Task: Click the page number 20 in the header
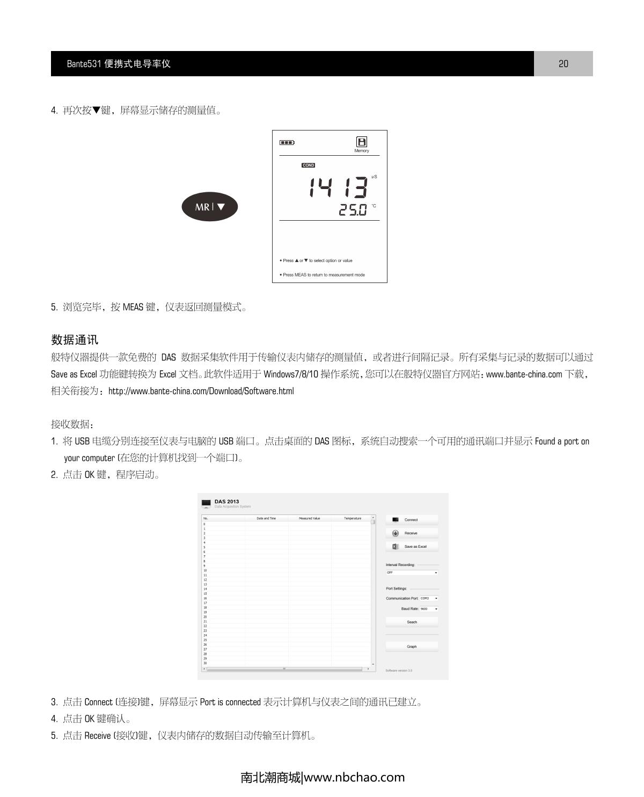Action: pos(563,64)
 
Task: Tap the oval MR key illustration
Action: pos(209,207)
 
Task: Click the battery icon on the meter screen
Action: pos(287,142)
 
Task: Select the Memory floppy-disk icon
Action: pos(362,142)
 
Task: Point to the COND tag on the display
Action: pos(308,165)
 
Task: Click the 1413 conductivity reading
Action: pos(338,187)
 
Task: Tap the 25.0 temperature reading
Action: pos(353,210)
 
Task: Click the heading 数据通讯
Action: pos(75,340)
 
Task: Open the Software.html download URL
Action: pos(201,391)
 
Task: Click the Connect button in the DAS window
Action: pos(412,520)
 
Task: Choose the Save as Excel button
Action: pos(412,547)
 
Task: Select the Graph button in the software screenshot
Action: pos(412,647)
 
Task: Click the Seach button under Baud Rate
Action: pos(412,622)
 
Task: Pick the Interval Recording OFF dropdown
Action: pos(412,573)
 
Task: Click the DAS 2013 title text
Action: pos(226,502)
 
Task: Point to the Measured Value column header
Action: pos(309,518)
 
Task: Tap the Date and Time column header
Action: pos(266,518)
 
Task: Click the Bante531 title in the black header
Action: pos(119,64)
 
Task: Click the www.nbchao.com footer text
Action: pos(354,777)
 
